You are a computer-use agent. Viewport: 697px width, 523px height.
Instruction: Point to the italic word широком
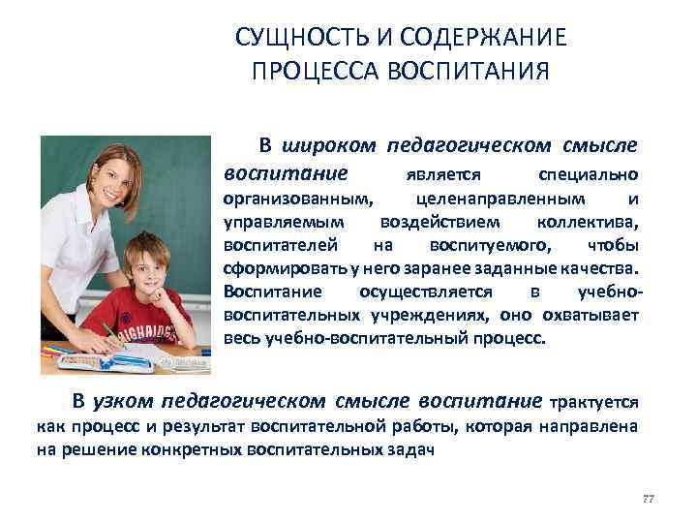click(x=330, y=146)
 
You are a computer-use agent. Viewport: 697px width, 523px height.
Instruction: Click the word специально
click(x=587, y=175)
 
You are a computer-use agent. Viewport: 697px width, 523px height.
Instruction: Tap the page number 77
click(x=648, y=498)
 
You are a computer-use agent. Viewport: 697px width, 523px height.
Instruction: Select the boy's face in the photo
click(x=146, y=266)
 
